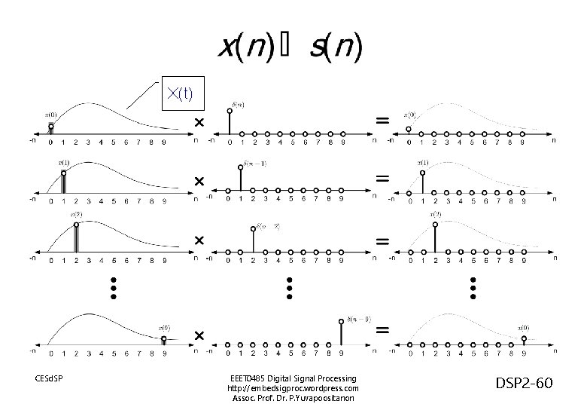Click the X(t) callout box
point(180,93)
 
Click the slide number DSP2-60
point(525,384)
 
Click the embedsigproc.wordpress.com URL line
point(293,387)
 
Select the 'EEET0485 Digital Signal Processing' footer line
point(293,377)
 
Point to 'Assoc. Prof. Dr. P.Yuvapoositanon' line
point(293,398)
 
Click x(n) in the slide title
point(242,50)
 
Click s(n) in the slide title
point(336,50)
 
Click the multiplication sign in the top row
point(199,121)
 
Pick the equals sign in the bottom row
point(382,330)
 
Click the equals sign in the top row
point(382,120)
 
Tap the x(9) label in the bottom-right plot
point(523,328)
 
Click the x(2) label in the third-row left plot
point(76,214)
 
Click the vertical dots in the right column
point(473,287)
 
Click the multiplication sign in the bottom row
point(199,334)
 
